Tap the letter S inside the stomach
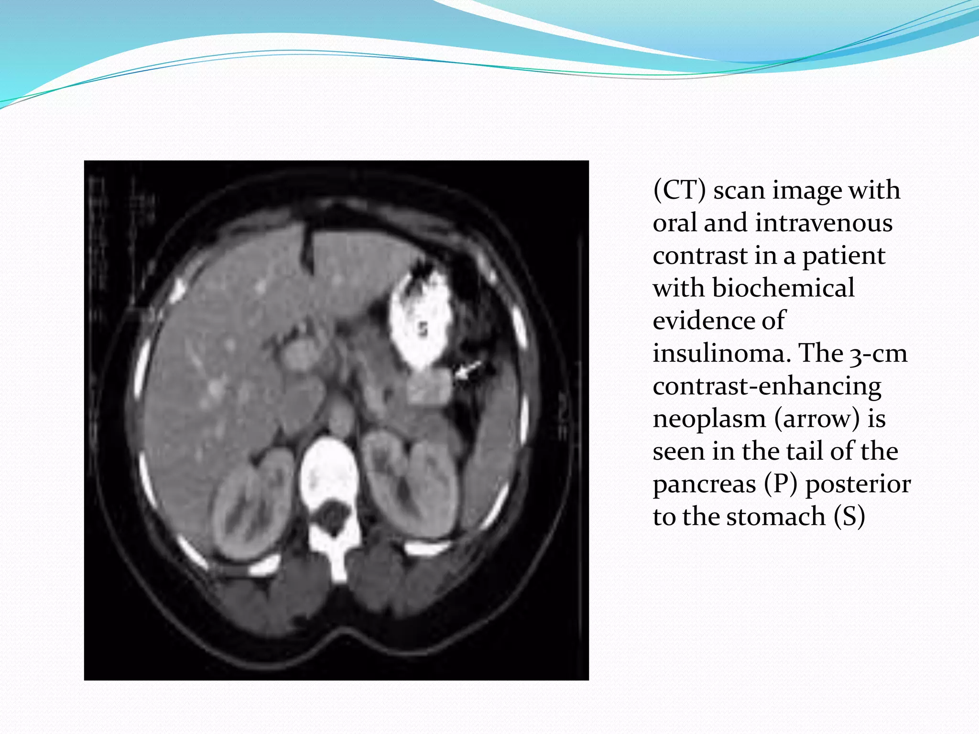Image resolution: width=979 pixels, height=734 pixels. coord(423,329)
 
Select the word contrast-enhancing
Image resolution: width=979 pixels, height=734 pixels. coord(767,387)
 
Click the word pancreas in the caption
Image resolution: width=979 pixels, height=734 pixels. coord(705,484)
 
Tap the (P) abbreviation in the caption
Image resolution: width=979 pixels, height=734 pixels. coord(781,484)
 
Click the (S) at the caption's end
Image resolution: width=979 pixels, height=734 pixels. coord(849,517)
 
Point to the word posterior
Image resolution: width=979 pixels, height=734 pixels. coord(858,484)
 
